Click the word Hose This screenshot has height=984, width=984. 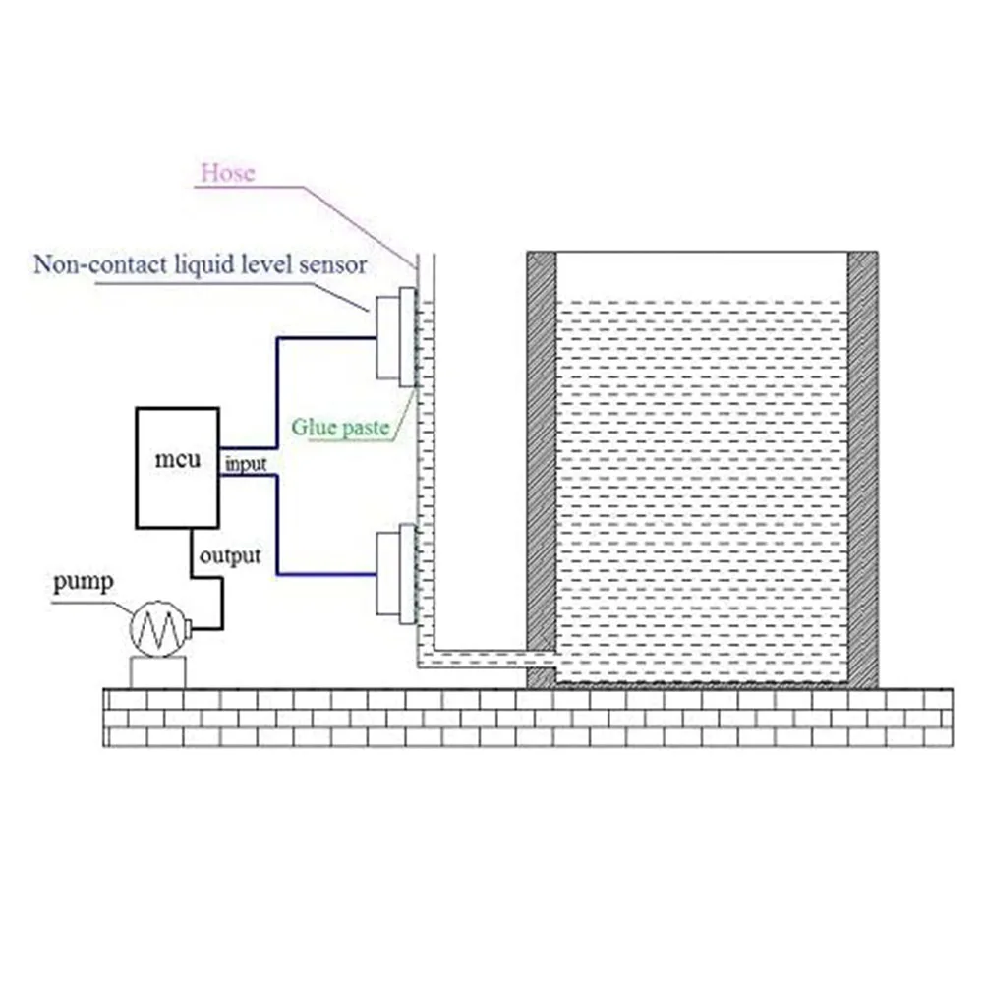point(227,174)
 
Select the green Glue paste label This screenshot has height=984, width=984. point(340,429)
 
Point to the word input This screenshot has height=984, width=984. point(246,463)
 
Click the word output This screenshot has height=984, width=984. point(230,556)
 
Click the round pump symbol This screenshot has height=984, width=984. point(158,628)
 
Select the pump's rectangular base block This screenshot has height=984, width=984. point(158,672)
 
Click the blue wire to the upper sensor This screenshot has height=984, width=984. point(278,393)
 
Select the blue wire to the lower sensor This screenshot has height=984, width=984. point(278,531)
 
